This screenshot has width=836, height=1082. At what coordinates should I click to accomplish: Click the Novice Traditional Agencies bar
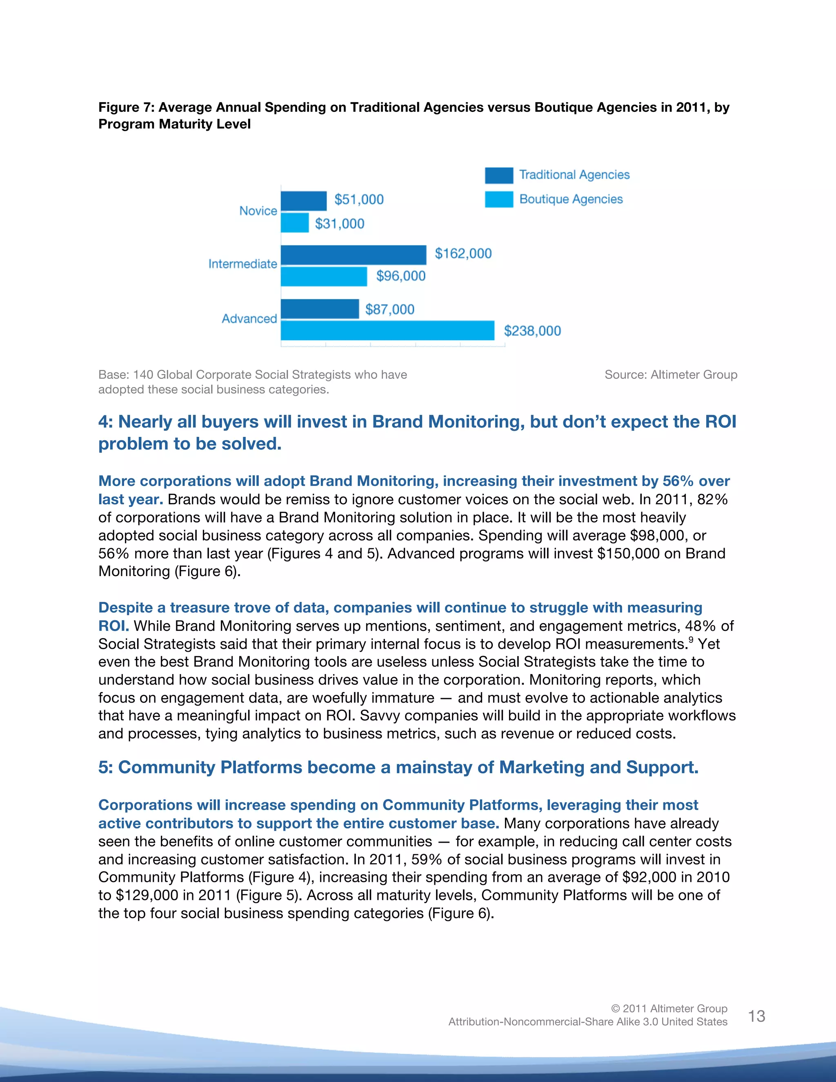pos(304,200)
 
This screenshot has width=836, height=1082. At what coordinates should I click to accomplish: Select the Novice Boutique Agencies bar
pos(295,223)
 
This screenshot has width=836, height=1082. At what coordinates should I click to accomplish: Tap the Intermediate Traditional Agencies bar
pos(353,255)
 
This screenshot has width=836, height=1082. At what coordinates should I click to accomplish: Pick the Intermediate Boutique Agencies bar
pos(324,276)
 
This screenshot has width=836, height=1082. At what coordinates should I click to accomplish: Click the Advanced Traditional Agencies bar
pos(320,309)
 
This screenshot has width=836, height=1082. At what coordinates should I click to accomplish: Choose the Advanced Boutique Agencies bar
pos(387,330)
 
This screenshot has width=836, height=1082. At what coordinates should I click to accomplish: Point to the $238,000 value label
pos(532,331)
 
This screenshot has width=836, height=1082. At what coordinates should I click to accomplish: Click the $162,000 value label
pos(463,254)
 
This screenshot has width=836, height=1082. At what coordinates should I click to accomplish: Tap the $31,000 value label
pos(340,224)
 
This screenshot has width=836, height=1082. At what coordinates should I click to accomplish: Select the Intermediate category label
pos(243,264)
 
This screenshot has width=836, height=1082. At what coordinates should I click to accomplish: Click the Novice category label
pos(258,211)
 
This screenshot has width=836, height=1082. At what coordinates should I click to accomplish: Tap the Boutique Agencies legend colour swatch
pos(499,199)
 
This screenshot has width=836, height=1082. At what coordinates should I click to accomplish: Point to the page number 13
pos(756,1016)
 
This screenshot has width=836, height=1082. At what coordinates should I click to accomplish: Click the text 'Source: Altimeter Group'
pos(671,374)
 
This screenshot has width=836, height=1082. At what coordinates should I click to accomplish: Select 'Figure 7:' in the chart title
pos(126,107)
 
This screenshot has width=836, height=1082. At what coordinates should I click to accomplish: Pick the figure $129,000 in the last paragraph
pos(146,895)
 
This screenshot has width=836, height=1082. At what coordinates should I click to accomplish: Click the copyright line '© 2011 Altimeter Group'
pos(669,1008)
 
